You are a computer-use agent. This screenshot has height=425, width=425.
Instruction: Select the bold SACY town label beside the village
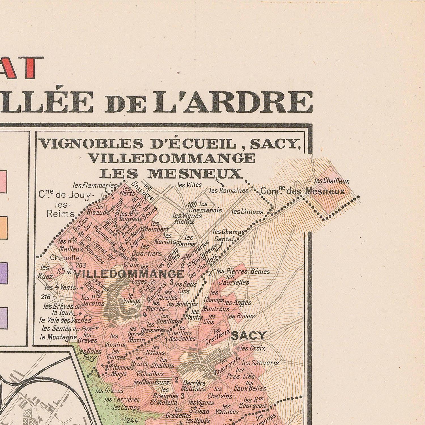point(248,336)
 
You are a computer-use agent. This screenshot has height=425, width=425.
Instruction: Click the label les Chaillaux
point(332,181)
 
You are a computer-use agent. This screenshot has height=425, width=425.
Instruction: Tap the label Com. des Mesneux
point(302,191)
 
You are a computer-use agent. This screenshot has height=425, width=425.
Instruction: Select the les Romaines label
point(229,191)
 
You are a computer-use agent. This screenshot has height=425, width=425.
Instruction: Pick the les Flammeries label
point(95,186)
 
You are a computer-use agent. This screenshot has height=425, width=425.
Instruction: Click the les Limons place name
point(247,212)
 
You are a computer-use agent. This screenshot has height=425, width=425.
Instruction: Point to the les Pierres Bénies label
point(243,271)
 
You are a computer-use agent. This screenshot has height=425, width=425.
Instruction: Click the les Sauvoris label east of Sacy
point(260,363)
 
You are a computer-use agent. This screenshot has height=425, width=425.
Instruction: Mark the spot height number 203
point(81,265)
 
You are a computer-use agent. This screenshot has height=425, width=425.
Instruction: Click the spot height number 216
point(45,297)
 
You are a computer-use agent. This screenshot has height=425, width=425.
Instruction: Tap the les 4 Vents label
point(60,287)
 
